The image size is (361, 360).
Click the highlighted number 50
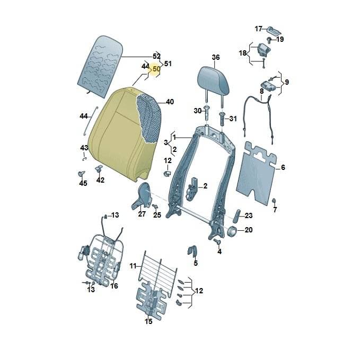(156, 69)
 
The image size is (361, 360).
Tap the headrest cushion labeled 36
(214, 80)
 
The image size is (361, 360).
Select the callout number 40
(170, 102)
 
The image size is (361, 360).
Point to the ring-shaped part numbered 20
(232, 231)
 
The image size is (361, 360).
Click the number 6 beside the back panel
(283, 167)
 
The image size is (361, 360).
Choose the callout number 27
(142, 214)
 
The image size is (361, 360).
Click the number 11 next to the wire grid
(133, 266)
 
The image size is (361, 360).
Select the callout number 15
(148, 321)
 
